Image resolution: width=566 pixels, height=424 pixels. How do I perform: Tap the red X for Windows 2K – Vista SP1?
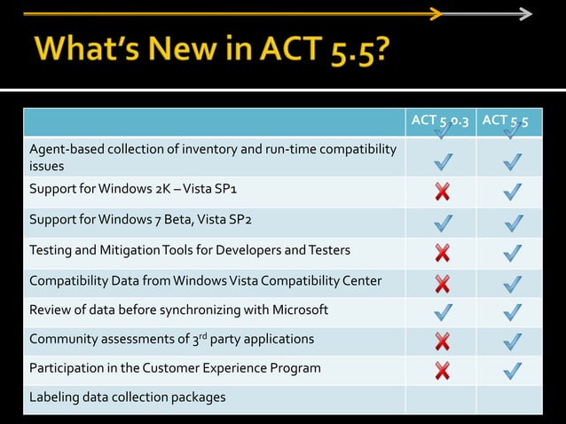point(442,191)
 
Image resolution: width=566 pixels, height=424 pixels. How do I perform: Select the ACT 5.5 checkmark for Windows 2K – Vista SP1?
point(512,191)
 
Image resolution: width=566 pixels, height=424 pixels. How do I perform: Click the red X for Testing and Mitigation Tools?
point(442,253)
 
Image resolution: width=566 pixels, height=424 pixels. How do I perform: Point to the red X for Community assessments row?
point(442,341)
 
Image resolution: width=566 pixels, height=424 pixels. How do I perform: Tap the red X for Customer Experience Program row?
point(442,369)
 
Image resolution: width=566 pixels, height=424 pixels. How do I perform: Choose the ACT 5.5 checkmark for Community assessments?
point(512,341)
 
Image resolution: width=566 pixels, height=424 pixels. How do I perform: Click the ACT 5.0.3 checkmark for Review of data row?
point(442,311)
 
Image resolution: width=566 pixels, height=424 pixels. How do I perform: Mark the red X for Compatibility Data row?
point(442,283)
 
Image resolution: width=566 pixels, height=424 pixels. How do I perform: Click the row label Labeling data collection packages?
point(127,397)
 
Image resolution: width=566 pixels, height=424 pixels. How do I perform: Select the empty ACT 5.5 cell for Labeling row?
point(509,398)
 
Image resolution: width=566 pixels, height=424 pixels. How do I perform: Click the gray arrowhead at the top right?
point(526,14)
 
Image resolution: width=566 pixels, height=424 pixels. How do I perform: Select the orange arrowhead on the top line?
point(436,13)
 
